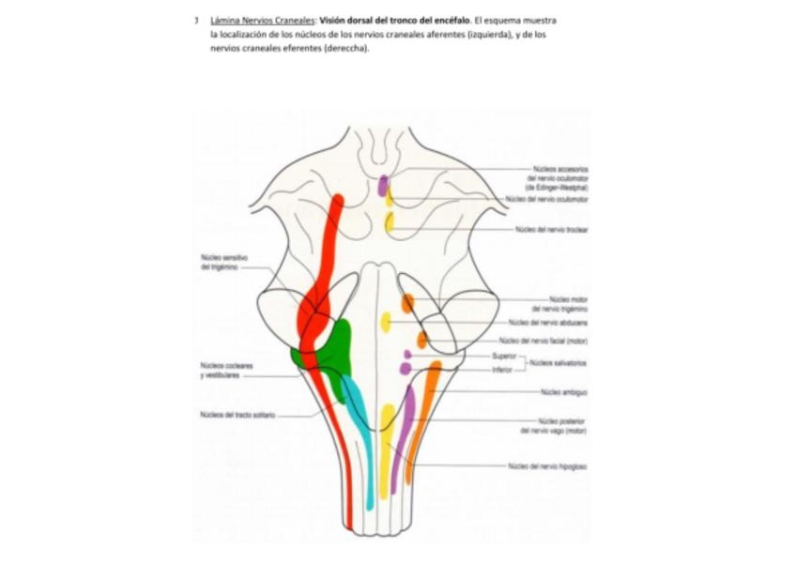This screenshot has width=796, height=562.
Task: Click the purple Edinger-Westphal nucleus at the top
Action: [383, 185]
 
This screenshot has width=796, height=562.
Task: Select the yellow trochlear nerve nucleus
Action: [390, 222]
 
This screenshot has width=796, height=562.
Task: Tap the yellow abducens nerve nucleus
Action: [386, 323]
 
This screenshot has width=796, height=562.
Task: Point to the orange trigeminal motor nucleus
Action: [407, 303]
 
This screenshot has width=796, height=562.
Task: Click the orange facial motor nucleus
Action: [422, 340]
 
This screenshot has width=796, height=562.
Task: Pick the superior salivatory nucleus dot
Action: [407, 355]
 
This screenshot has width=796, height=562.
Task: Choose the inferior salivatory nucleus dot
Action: [406, 369]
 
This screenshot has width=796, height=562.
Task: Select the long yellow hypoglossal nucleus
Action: [386, 450]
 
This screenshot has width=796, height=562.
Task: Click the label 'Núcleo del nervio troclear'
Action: [551, 229]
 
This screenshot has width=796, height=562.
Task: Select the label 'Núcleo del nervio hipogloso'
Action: [547, 465]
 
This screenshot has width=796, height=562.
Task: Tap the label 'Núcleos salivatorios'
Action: [558, 362]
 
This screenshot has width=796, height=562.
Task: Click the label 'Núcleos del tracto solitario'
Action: [237, 415]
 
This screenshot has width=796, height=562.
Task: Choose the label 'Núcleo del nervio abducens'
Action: [548, 322]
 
